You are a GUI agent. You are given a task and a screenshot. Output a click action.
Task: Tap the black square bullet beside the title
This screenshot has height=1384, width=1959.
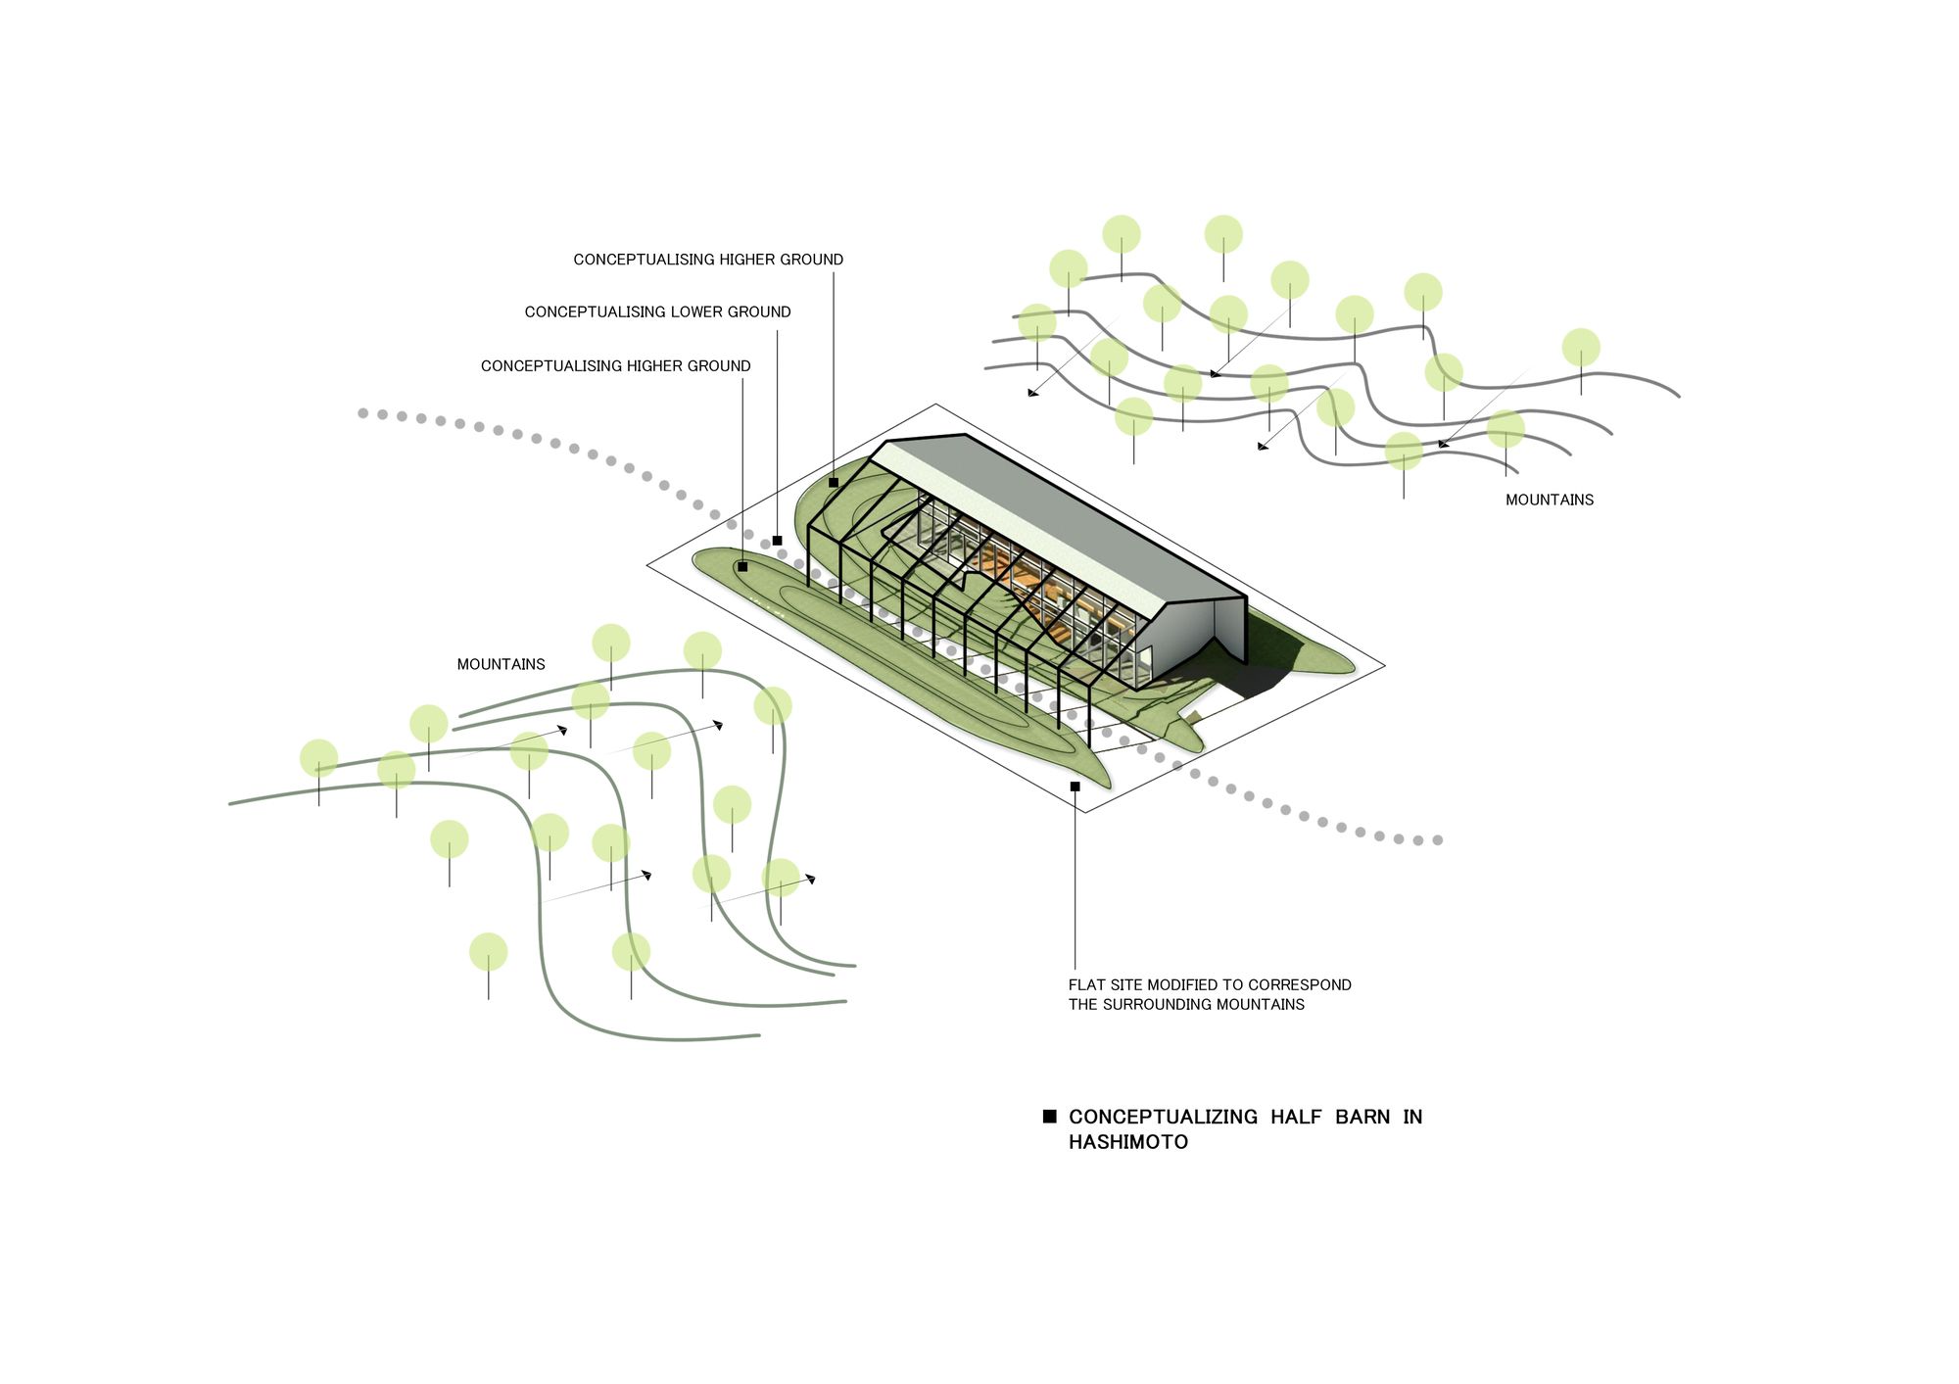tap(1049, 1117)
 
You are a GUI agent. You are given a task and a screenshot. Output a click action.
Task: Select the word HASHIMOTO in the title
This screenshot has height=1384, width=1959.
tap(1127, 1142)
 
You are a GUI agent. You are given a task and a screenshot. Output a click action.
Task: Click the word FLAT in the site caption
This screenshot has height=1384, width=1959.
tap(1086, 984)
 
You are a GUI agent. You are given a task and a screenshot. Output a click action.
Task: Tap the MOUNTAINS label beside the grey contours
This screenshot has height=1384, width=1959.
tap(1549, 500)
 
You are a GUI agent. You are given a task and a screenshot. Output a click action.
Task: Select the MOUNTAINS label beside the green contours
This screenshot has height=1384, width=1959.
tap(501, 664)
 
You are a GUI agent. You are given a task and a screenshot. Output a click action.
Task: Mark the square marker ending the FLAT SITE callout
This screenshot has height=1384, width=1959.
tap(1075, 787)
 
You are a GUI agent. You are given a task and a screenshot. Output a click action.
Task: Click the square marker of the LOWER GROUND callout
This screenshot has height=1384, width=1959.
tap(777, 541)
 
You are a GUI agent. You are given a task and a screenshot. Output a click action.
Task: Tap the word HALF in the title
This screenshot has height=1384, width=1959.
tap(1296, 1117)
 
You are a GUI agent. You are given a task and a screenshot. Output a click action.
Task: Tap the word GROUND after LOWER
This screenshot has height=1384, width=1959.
tap(759, 311)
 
